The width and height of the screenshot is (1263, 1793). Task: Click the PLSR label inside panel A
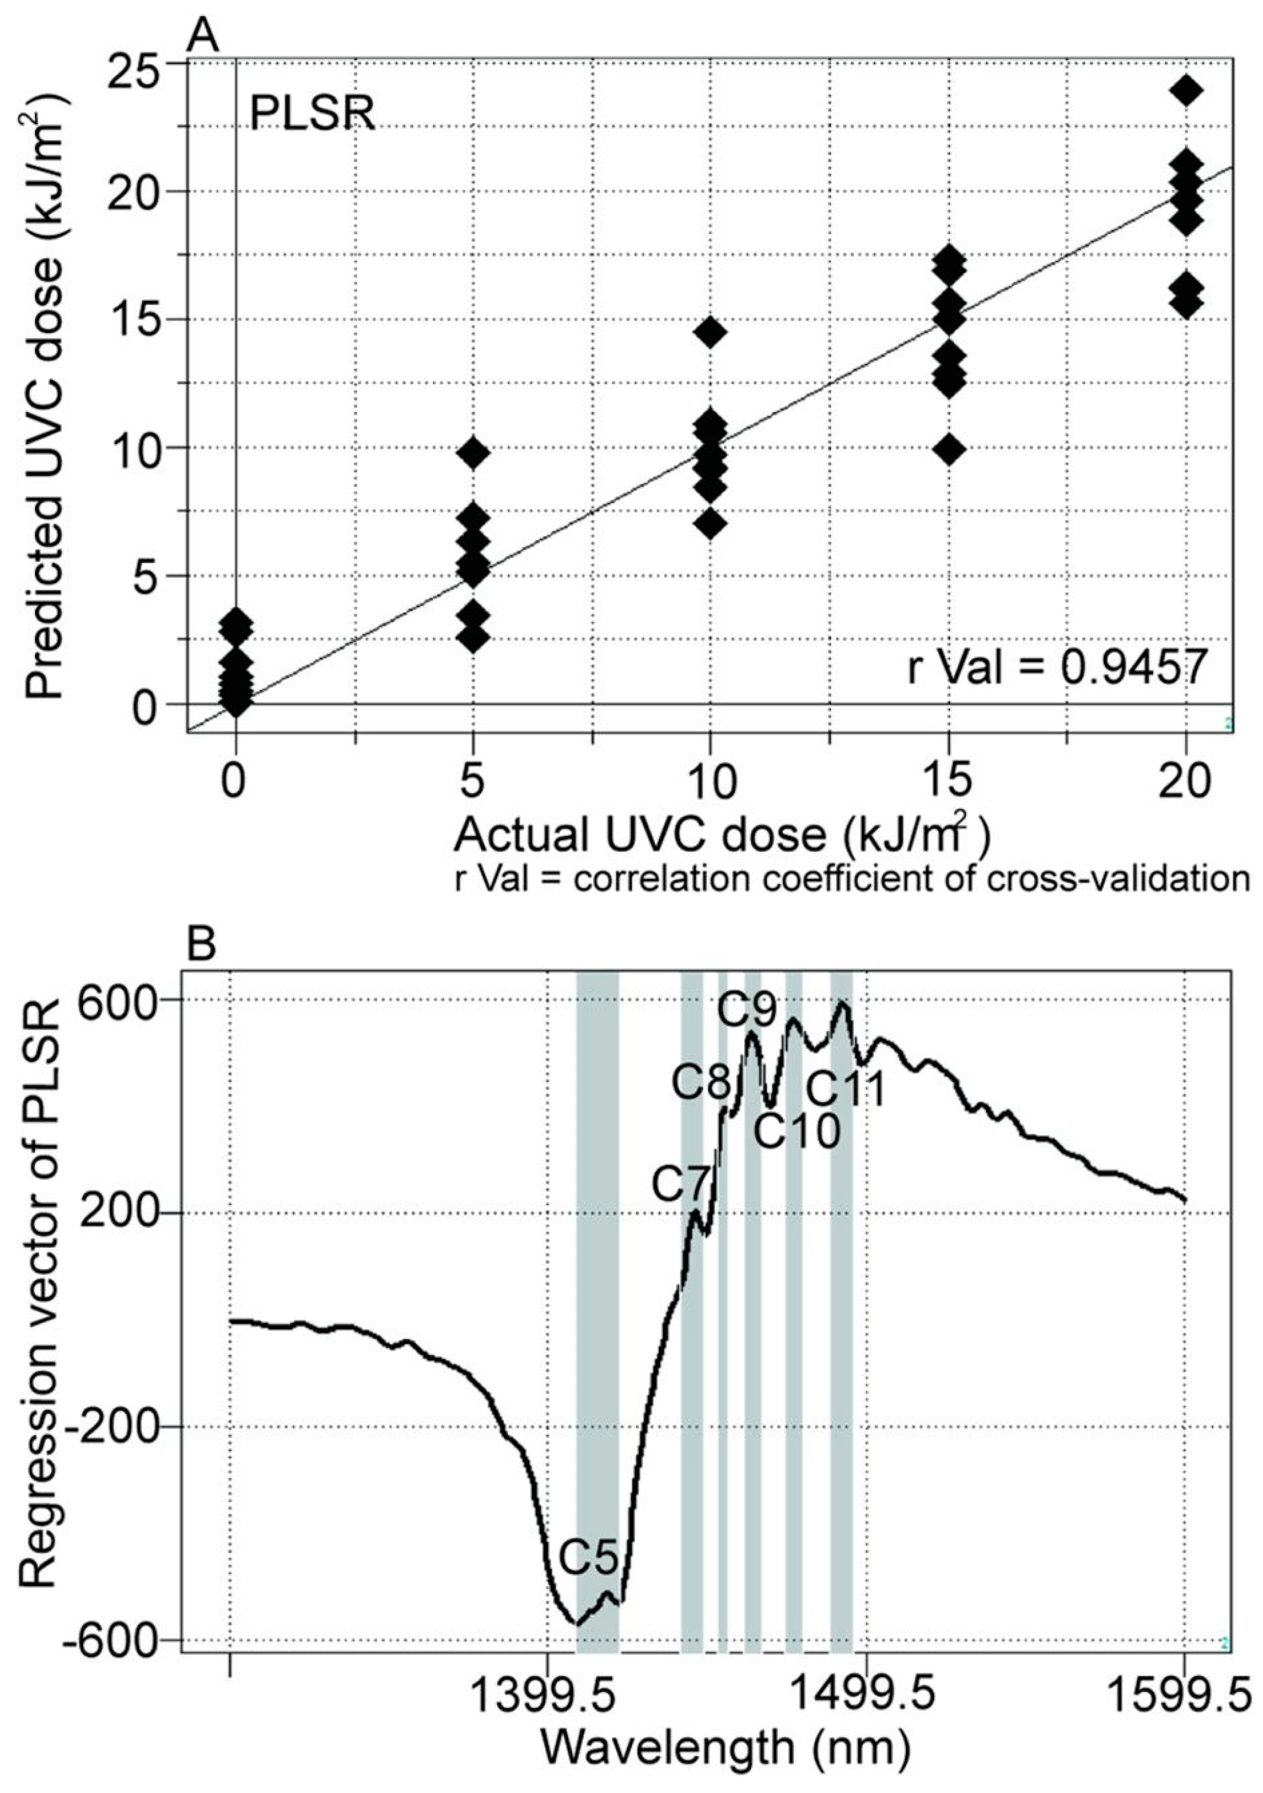[312, 115]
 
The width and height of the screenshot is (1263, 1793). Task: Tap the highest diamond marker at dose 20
[1186, 90]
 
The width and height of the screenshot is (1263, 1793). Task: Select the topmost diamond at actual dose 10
[709, 332]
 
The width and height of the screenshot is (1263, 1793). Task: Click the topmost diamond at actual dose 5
[472, 452]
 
